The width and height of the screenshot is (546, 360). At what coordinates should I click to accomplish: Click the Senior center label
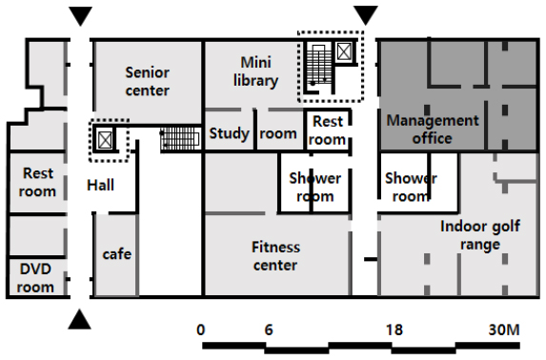pos(148,82)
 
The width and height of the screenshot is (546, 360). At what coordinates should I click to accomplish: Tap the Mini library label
pos(256,71)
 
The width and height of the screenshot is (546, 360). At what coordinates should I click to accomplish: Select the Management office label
pos(433,130)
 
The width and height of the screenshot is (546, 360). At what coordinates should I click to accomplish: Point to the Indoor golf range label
pos(480,235)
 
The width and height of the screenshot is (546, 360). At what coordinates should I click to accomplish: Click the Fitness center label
pos(275,256)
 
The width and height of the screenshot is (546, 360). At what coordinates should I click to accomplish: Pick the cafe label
pos(117,254)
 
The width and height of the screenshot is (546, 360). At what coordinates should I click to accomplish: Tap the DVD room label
pos(35,278)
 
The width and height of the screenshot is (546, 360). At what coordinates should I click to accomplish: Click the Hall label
pos(100,185)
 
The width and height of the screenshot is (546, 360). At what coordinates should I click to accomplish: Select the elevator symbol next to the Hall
pos(105,140)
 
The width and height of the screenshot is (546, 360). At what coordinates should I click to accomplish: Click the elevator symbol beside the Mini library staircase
pos(343,51)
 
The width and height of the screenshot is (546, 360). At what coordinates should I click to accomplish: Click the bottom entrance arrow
pos(80,320)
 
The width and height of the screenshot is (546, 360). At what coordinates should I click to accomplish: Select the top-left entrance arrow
pos(80,16)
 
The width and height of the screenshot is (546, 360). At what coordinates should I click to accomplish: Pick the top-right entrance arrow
pos(366,15)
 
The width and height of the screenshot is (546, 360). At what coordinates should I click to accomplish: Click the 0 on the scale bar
pos(200,330)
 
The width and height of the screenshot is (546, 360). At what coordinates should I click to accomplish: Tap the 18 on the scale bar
pos(394,330)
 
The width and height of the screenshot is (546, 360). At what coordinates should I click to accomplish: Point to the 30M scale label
pos(504,330)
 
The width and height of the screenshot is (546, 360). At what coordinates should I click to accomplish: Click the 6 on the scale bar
pos(269,330)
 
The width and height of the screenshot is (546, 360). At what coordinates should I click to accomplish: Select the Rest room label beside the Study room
pos(328,130)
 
